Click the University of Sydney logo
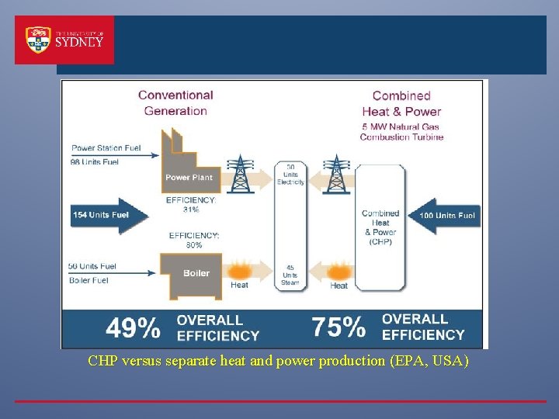(64, 40)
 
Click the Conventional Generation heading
(175, 102)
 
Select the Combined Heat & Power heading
(401, 102)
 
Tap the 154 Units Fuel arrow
(109, 214)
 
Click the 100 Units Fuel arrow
(442, 215)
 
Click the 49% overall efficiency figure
(133, 328)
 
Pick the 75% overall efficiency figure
(339, 327)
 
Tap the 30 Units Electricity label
(290, 175)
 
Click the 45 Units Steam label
(290, 275)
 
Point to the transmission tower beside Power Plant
(241, 174)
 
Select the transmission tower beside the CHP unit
(336, 174)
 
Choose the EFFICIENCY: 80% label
(194, 239)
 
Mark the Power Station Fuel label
(105, 147)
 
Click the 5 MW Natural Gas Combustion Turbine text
(401, 132)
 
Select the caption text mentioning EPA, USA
(278, 361)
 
